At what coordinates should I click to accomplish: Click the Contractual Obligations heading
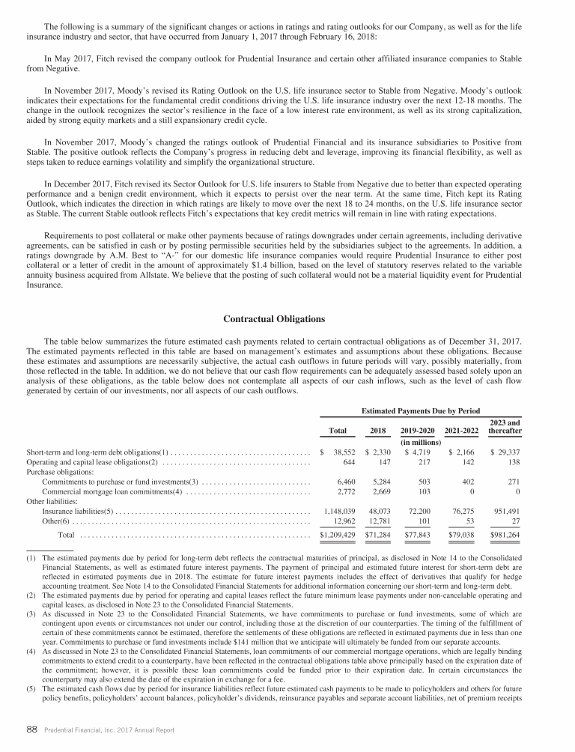(274, 320)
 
